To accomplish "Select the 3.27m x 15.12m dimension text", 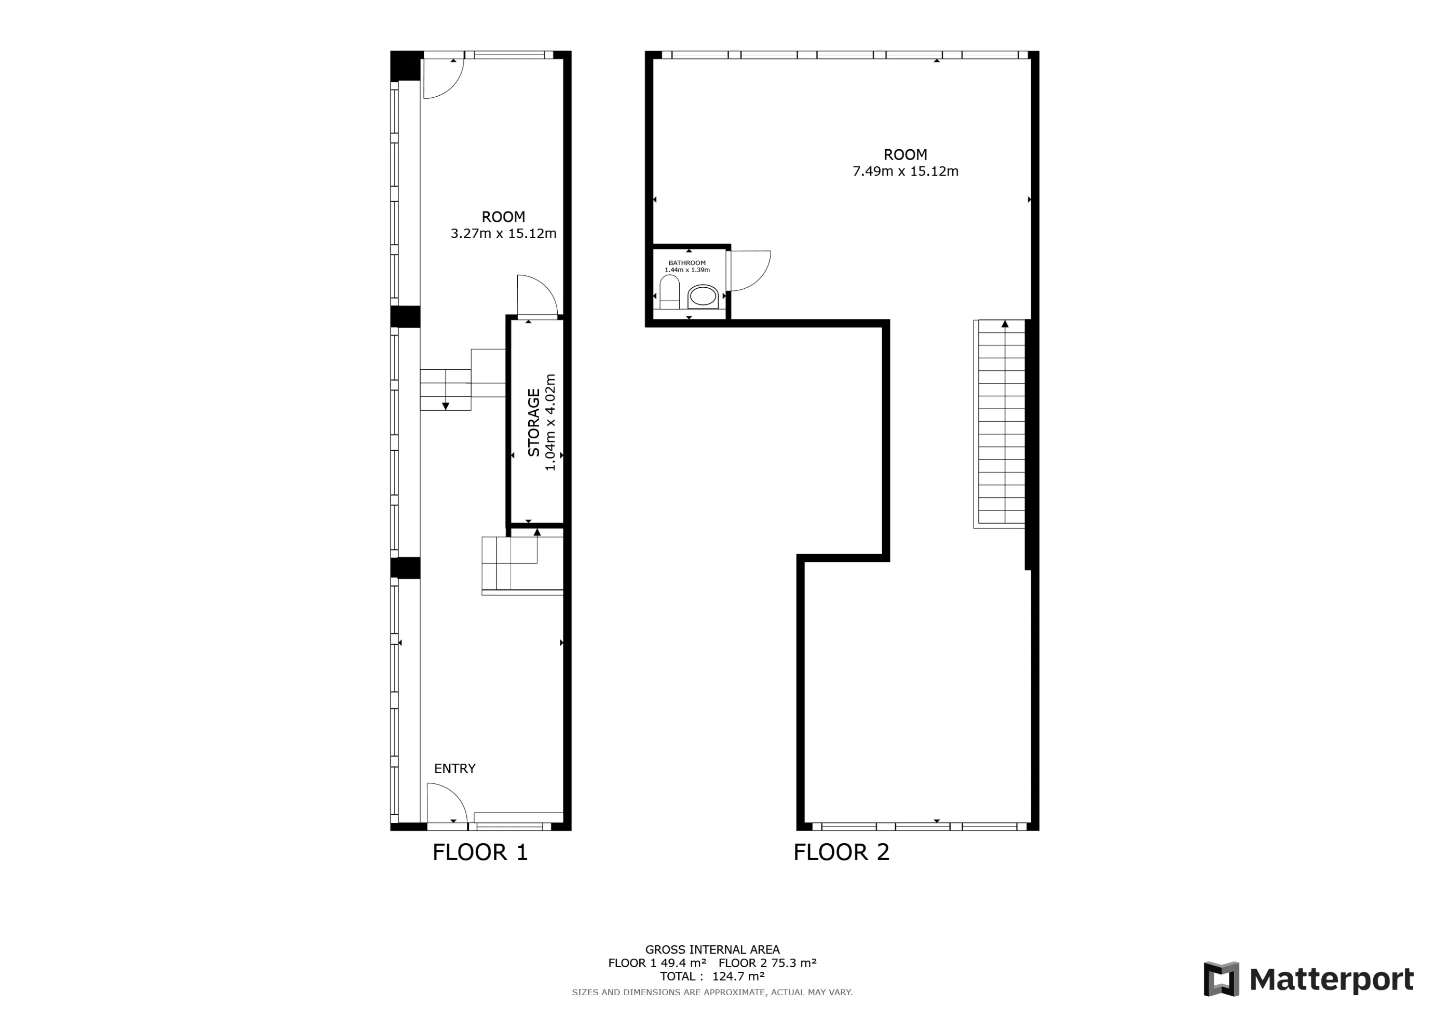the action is click(503, 233).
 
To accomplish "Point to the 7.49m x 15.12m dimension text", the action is click(905, 171).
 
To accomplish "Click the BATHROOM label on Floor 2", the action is click(687, 263).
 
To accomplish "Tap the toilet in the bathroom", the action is click(670, 292).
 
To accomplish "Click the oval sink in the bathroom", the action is click(703, 297).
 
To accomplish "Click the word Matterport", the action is click(1331, 980).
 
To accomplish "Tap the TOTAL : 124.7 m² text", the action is click(712, 976).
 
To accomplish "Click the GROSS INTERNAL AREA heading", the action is click(712, 950).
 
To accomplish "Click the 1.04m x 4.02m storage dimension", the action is click(550, 422).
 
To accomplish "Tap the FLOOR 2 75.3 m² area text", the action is click(767, 963).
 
